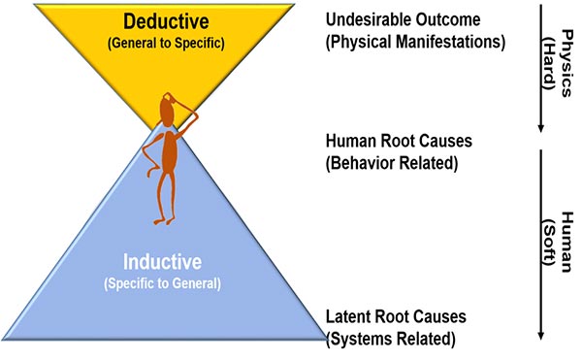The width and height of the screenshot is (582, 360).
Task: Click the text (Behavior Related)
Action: pyautogui.click(x=391, y=162)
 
